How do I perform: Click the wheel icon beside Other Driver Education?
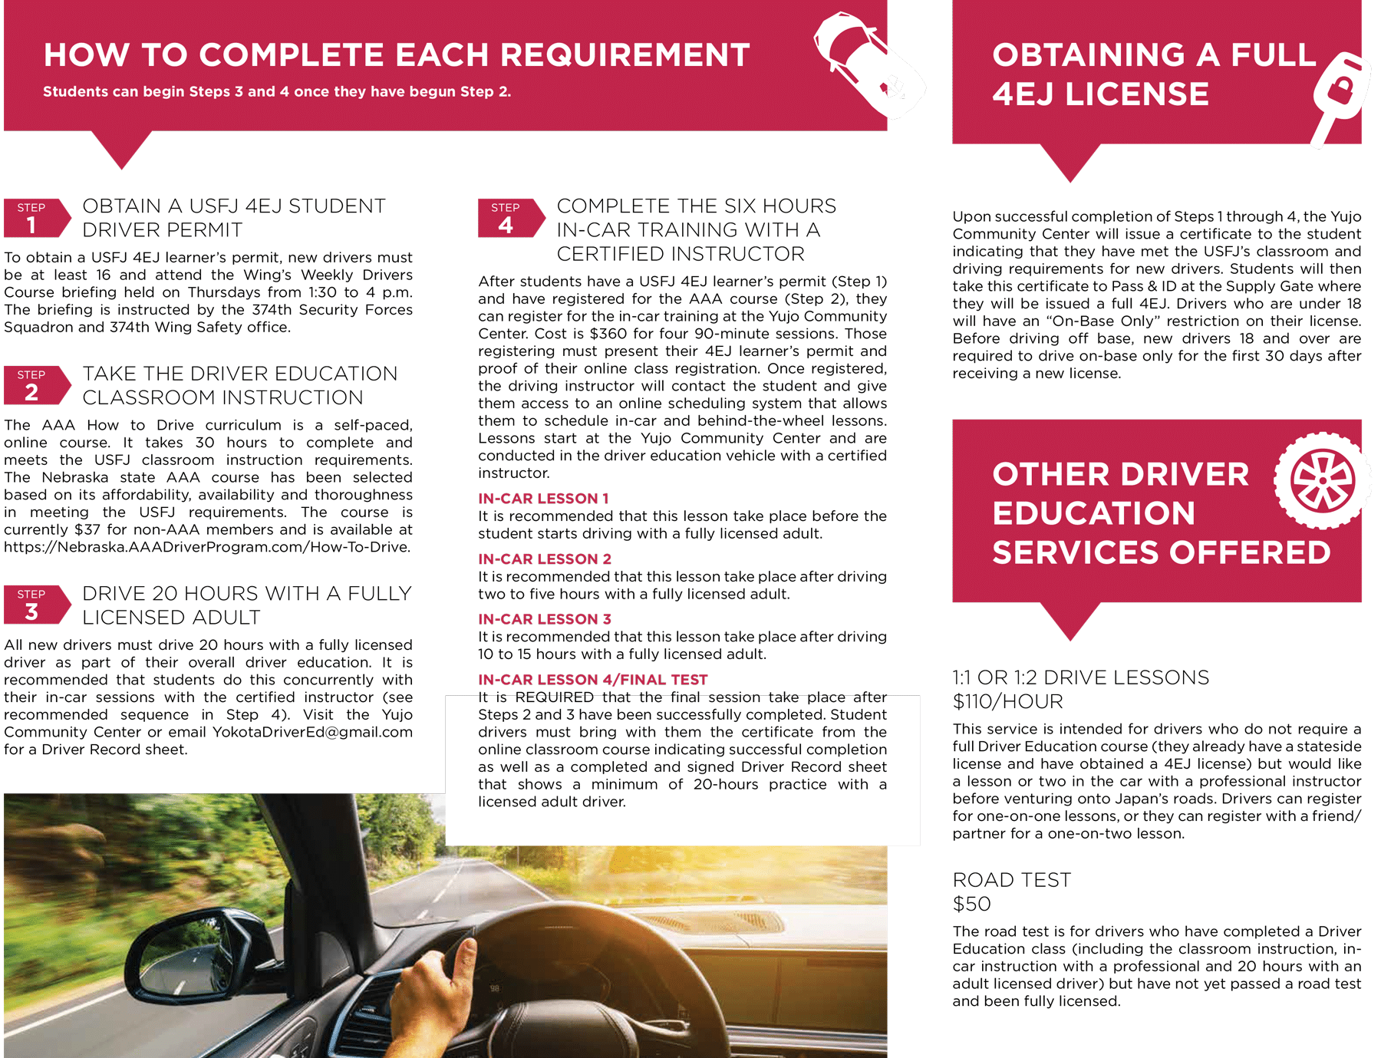tap(1322, 480)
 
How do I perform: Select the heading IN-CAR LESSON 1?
tap(543, 499)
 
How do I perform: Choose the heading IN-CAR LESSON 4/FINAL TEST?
tap(592, 680)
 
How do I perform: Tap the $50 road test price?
tap(971, 904)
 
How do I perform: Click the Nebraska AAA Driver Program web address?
tap(207, 547)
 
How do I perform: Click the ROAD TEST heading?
tap(1011, 880)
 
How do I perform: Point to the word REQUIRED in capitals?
tap(554, 697)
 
